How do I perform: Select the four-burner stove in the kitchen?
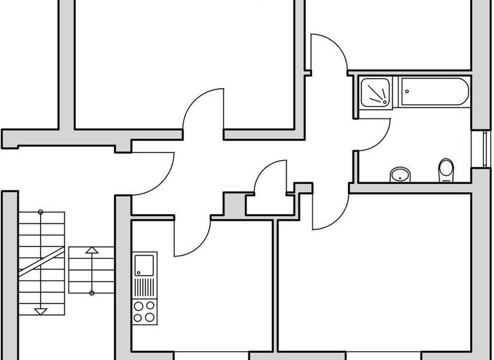click(144, 312)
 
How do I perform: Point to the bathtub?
click(434, 92)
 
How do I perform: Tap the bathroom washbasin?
click(401, 174)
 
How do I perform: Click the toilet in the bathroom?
click(446, 170)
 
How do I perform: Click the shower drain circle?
click(384, 100)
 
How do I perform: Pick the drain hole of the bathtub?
click(408, 92)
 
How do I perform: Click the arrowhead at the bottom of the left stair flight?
click(41, 311)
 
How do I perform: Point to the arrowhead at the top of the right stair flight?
click(91, 249)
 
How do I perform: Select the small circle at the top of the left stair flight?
click(41, 212)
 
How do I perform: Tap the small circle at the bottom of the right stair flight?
click(91, 293)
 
